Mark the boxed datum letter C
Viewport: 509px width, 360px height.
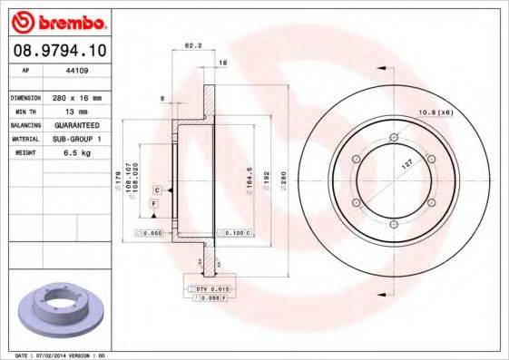point(157,190)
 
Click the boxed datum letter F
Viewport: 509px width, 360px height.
point(155,205)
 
